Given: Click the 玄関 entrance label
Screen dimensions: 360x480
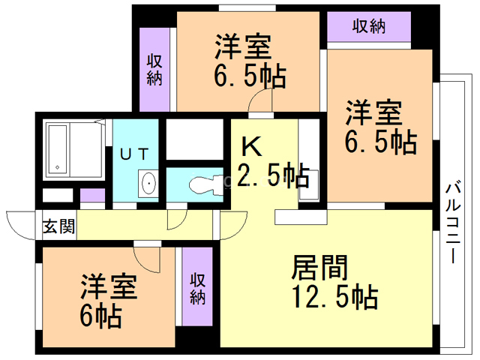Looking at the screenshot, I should tap(58, 226).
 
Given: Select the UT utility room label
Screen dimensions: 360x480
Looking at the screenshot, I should tap(136, 154).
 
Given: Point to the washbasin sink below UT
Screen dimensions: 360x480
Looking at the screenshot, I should tap(148, 182).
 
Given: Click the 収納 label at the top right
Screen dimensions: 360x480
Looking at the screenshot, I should tap(369, 26).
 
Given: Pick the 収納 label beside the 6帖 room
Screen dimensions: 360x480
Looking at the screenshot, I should tap(198, 286).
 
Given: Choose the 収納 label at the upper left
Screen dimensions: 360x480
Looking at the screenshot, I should tap(155, 70).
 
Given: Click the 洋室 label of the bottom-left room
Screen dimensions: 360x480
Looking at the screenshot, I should tap(109, 286).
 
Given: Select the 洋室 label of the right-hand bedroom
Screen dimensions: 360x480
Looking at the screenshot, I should tap(373, 114).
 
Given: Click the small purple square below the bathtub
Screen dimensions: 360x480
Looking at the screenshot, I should tap(92, 196).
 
